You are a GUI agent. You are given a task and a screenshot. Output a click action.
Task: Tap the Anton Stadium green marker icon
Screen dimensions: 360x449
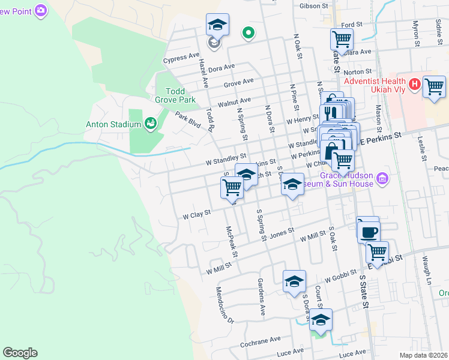151,124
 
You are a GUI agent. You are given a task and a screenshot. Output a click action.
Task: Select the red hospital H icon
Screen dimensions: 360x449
414,85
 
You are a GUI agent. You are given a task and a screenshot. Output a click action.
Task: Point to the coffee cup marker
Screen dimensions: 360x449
368,230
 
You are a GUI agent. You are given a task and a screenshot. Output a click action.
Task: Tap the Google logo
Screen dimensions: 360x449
20,353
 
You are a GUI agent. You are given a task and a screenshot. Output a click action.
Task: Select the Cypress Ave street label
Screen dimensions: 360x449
181,59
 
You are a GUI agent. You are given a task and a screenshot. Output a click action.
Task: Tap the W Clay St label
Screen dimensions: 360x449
197,214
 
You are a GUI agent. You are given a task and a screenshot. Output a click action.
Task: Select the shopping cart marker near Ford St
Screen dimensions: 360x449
342,40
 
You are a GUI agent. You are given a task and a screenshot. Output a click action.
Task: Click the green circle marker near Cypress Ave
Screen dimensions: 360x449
247,33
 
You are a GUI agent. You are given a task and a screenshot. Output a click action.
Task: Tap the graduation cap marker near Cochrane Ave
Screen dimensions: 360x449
321,320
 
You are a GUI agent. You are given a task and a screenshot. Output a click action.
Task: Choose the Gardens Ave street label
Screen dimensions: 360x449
262,297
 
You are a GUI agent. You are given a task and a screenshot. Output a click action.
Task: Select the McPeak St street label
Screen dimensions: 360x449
232,242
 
